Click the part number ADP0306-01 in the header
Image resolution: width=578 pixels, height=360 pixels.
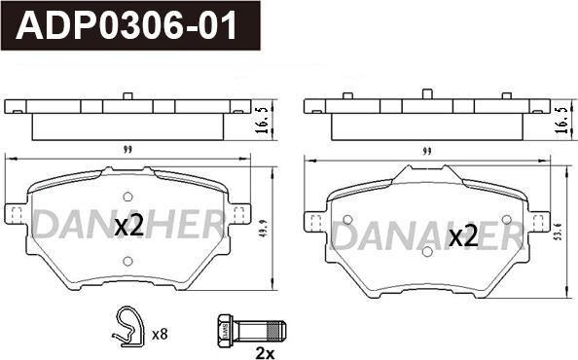pyautogui.click(x=126, y=25)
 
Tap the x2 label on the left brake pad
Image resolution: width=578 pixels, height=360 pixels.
pyautogui.click(x=128, y=227)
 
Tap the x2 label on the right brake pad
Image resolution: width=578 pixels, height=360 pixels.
pyautogui.click(x=464, y=236)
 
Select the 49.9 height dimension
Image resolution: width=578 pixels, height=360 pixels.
pyautogui.click(x=265, y=229)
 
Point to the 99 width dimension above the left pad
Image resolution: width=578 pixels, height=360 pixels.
pyautogui.click(x=127, y=150)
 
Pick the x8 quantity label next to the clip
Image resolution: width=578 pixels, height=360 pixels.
pyautogui.click(x=160, y=335)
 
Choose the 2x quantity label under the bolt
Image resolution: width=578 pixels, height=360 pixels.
pyautogui.click(x=265, y=354)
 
